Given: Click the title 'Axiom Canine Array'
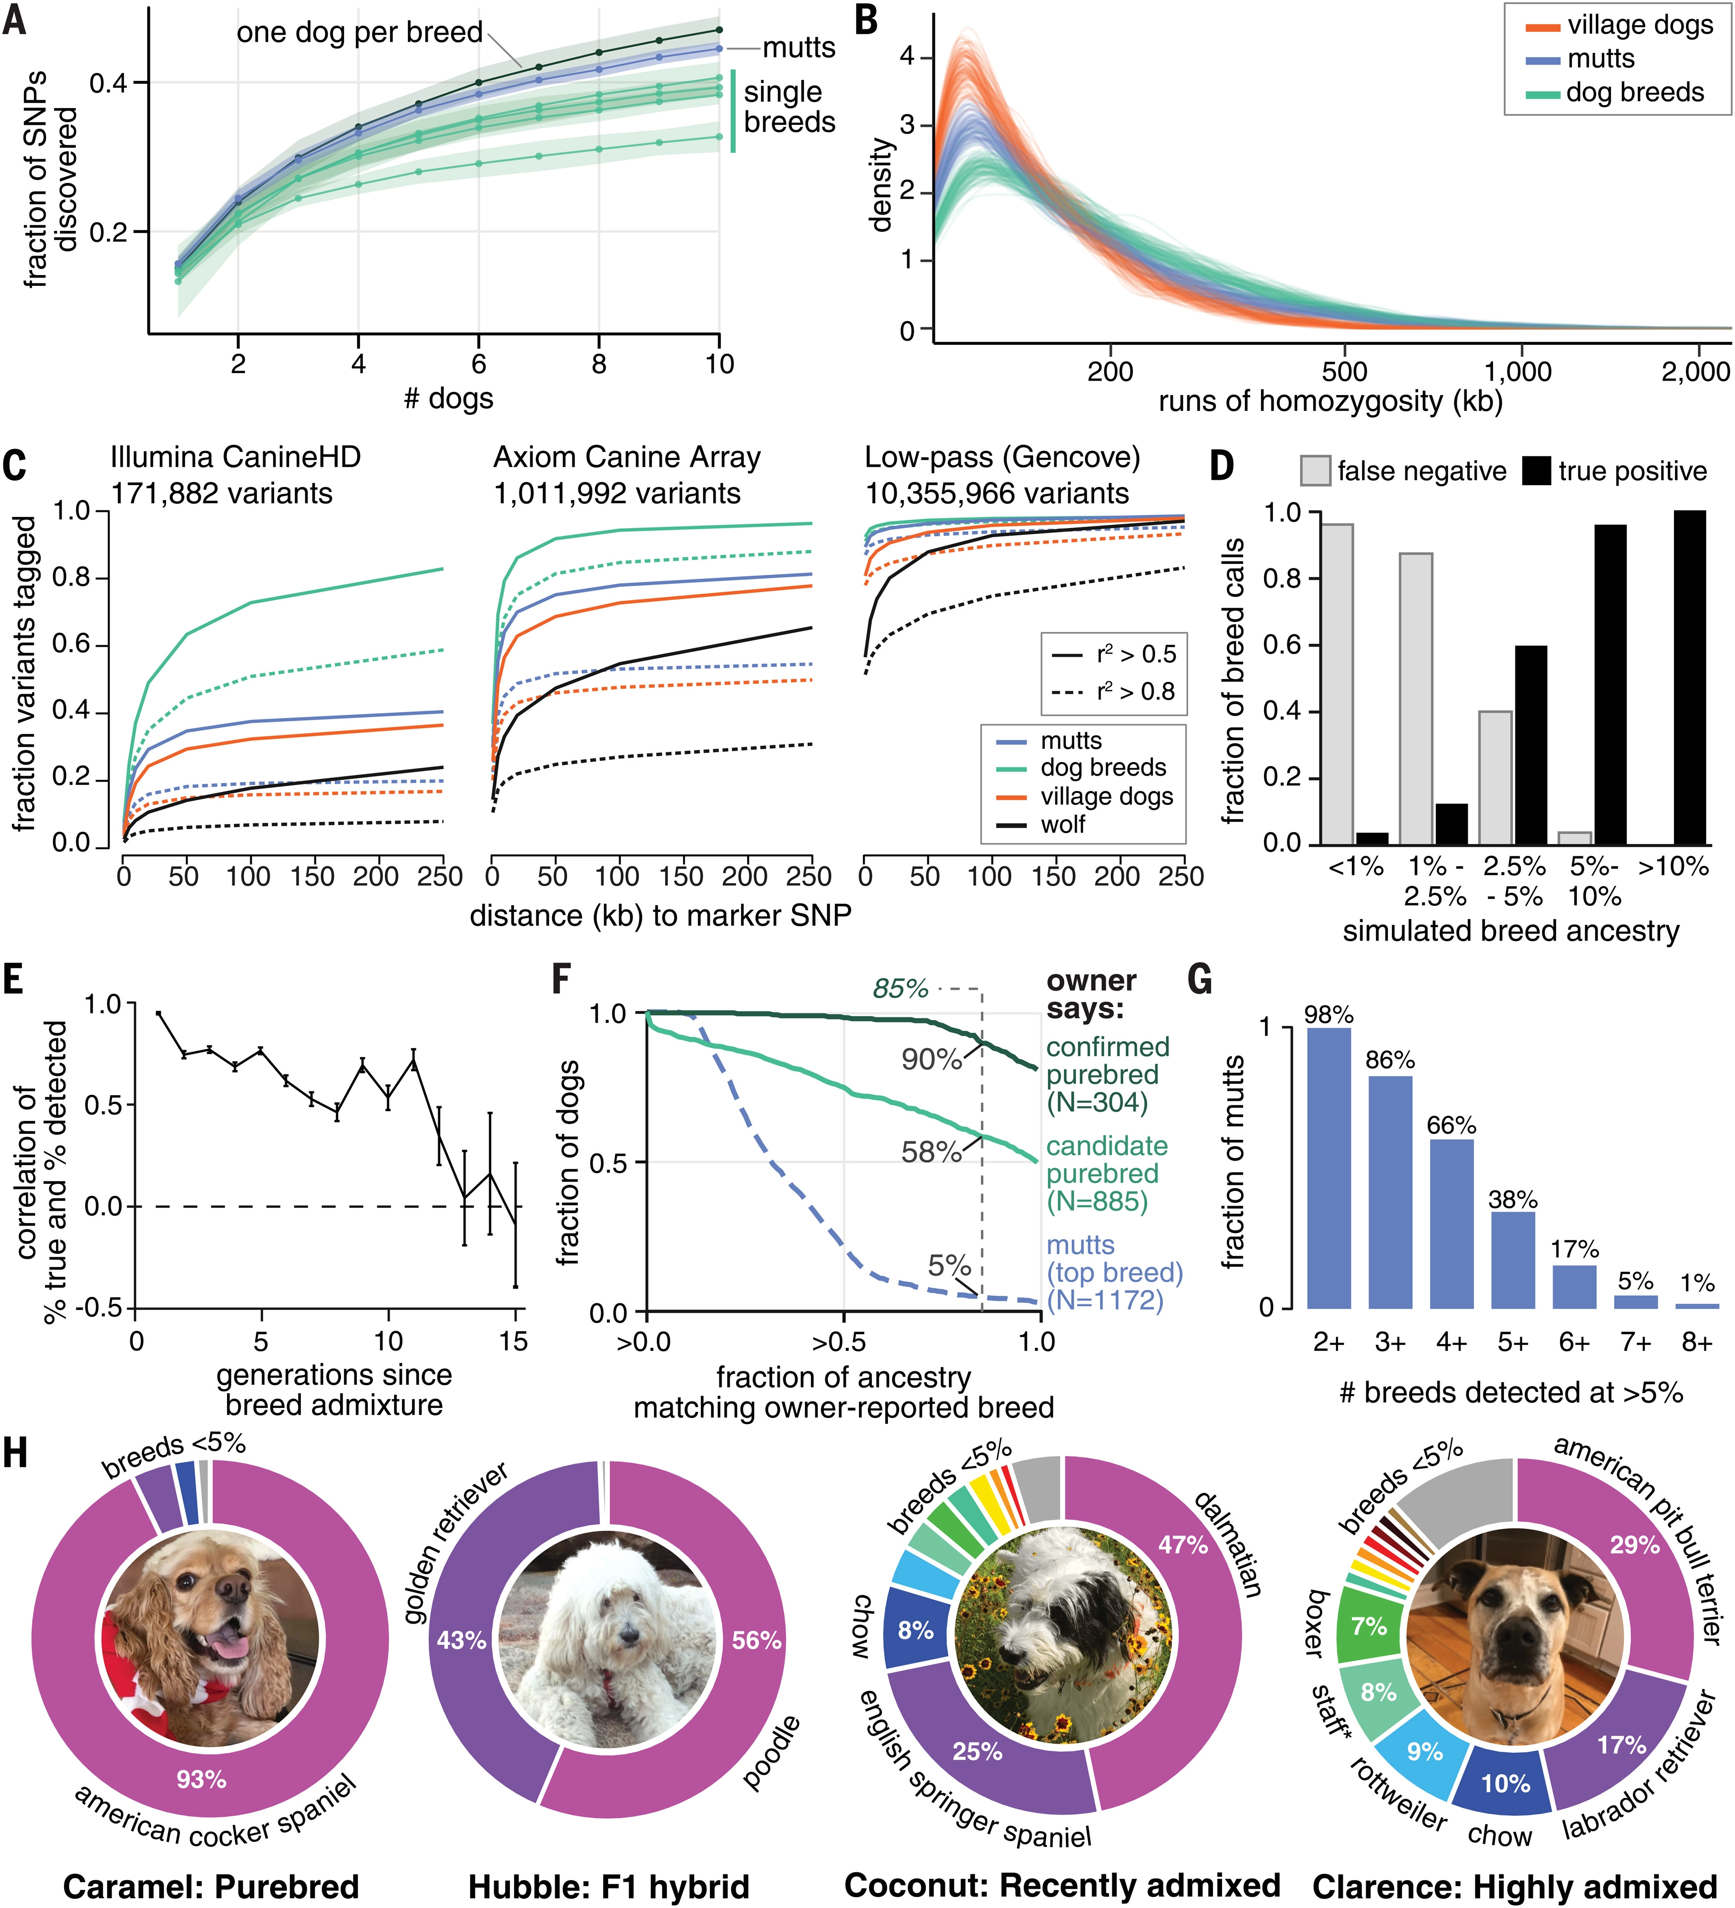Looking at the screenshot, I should (627, 458).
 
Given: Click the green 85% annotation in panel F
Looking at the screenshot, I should (900, 989).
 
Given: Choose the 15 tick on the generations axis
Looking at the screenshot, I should (514, 1341).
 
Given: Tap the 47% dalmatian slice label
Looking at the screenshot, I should (1183, 1545).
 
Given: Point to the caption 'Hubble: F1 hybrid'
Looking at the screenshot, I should (609, 1886).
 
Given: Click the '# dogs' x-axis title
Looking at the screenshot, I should (449, 398).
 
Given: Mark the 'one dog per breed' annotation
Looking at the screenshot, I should (360, 33).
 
